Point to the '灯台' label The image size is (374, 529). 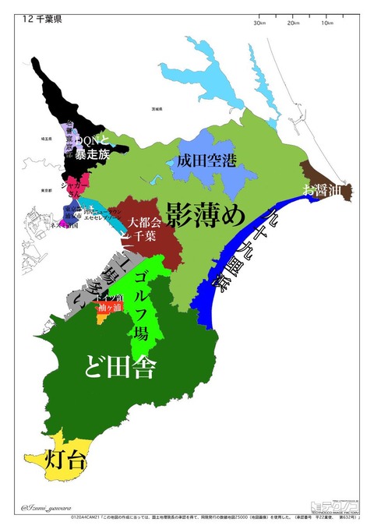point(65,460)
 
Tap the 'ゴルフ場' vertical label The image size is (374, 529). point(141,308)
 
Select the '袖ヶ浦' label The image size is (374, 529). point(111,307)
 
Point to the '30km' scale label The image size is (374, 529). point(260,23)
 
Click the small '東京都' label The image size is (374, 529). point(46,189)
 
